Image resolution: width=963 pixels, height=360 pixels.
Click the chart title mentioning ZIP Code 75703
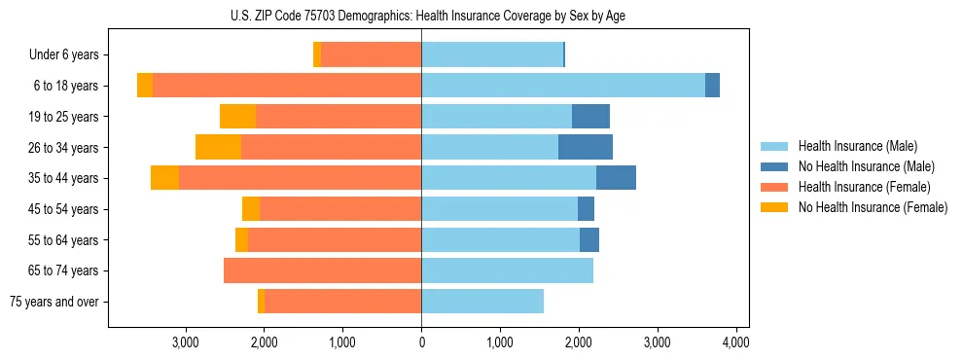[421, 16]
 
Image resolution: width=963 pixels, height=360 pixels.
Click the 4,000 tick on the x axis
[735, 342]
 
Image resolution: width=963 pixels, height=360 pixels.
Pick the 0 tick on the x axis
[421, 342]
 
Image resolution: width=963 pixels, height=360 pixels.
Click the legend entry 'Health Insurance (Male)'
[857, 146]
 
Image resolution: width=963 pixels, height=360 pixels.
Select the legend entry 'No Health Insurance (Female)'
[873, 207]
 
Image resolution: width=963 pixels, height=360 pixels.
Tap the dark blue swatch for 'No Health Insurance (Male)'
[775, 166]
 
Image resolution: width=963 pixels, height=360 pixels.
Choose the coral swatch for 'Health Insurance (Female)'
[775, 187]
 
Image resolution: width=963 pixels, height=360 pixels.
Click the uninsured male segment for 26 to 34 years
[586, 147]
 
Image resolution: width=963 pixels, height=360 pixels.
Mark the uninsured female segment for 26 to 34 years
[218, 147]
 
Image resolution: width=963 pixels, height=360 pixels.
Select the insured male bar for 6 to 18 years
[563, 86]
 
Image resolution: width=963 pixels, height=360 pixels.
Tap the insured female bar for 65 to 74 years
[322, 270]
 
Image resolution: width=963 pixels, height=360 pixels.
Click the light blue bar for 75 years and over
[482, 302]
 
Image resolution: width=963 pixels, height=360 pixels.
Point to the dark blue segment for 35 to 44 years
[616, 178]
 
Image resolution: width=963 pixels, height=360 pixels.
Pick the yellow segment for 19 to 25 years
[237, 117]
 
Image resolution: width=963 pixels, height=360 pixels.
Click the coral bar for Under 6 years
[371, 55]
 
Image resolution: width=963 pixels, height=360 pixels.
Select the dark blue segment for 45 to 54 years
[586, 209]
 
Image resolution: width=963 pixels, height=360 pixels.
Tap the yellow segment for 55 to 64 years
[241, 239]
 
